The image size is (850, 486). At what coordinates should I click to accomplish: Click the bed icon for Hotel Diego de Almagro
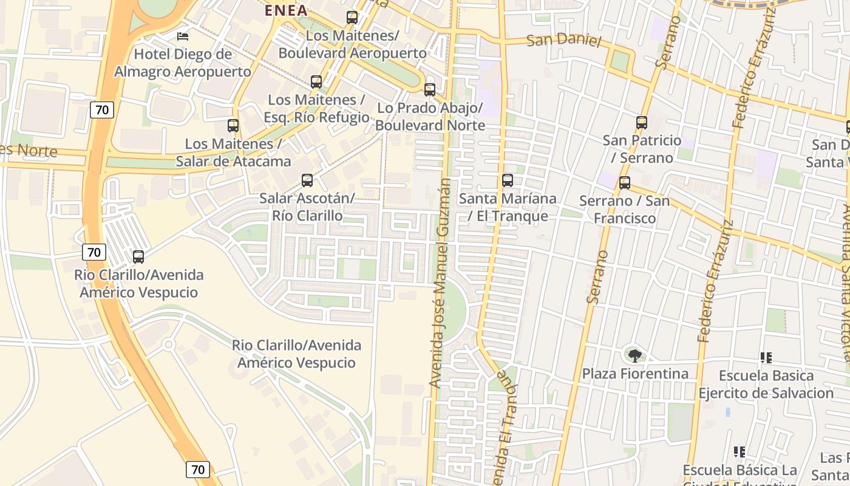coord(182,36)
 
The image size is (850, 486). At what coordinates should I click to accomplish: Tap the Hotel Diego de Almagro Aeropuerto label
coord(183,63)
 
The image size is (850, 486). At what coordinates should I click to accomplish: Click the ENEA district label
coord(285,10)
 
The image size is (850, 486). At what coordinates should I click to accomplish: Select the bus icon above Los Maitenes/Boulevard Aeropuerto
coord(352,18)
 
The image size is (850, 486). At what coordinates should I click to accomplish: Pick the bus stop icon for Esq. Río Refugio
coord(316,82)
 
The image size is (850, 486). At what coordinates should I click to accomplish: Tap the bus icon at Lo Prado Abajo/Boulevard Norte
coord(430,90)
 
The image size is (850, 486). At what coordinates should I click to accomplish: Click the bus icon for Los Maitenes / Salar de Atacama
coord(233,126)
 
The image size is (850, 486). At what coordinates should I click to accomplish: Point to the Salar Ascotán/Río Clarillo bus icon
coord(307,180)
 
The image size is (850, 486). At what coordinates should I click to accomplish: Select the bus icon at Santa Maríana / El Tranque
coord(508,180)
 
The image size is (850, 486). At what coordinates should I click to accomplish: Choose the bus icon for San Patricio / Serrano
coord(642,123)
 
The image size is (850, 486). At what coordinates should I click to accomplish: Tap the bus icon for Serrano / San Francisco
coord(625,183)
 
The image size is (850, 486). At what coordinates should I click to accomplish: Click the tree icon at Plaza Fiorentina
coord(635,355)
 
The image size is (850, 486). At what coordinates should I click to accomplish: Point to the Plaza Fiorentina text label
coord(635,374)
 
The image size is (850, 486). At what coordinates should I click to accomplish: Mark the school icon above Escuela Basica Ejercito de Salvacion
coord(766,358)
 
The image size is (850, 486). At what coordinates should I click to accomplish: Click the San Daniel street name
coord(563,41)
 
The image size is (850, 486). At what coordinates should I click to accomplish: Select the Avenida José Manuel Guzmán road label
coord(441,282)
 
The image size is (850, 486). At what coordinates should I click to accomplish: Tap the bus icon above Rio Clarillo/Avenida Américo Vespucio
coord(138,257)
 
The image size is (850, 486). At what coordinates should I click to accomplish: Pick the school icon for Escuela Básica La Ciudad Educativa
coord(739,451)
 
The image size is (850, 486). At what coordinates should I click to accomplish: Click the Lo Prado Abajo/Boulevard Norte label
coord(430,117)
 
